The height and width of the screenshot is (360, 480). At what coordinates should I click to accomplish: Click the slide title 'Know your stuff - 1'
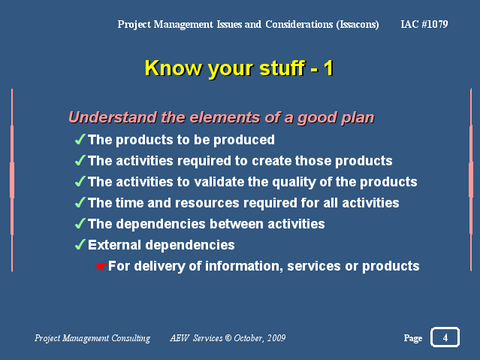pos(239,68)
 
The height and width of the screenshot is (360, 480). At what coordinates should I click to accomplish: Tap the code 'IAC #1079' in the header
pos(424,24)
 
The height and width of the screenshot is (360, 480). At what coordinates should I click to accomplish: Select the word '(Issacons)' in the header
pos(358,25)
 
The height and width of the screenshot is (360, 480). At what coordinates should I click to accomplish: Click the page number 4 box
pos(445,337)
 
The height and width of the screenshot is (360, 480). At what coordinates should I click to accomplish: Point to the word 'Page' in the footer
pos(413,338)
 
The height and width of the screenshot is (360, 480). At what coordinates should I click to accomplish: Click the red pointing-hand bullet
pos(101,265)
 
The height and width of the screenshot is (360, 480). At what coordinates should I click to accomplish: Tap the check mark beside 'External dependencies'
pos(80,244)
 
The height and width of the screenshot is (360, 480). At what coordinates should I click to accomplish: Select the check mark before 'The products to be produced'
pos(80,139)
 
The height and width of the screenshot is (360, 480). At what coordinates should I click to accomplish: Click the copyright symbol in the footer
pos(228,338)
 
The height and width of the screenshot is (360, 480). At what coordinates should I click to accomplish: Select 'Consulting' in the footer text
pos(131,338)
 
